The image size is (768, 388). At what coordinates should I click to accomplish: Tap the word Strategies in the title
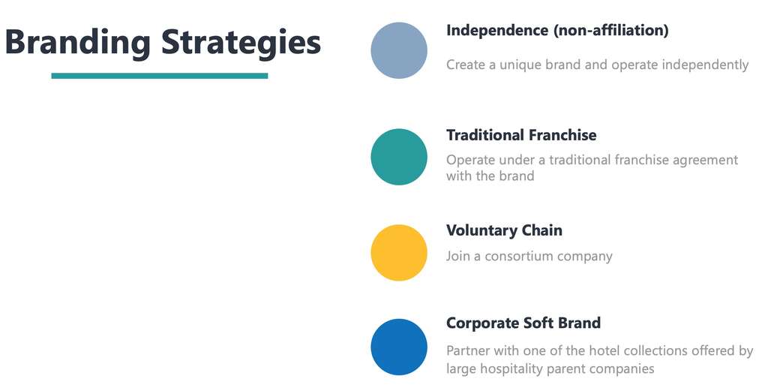click(x=241, y=42)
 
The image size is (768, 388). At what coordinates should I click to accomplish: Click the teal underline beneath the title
click(x=159, y=76)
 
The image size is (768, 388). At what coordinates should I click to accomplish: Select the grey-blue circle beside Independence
click(x=399, y=50)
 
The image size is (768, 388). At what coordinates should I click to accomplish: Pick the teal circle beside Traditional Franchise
click(x=399, y=157)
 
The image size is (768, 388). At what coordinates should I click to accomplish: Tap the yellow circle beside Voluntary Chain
click(x=399, y=252)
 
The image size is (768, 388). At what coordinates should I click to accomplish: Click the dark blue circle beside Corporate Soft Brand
click(x=399, y=347)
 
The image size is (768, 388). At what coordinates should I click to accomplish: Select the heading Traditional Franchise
click(x=521, y=135)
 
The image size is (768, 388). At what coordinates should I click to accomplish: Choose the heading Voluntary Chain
click(x=504, y=230)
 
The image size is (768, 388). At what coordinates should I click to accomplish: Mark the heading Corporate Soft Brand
click(x=523, y=323)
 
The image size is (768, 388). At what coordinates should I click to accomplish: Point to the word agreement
click(x=705, y=160)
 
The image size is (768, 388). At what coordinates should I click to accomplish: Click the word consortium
click(x=520, y=256)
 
